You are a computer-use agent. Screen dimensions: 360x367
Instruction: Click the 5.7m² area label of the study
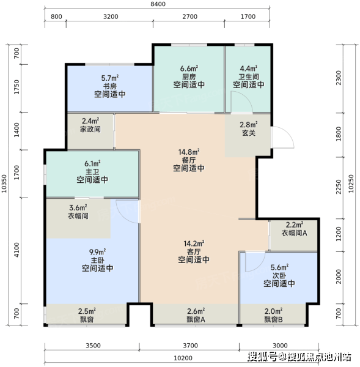pyautogui.click(x=109, y=78)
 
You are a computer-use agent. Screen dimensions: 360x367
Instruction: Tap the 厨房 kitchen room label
pyautogui.click(x=189, y=76)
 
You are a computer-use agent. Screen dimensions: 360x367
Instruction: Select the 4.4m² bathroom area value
pyautogui.click(x=249, y=69)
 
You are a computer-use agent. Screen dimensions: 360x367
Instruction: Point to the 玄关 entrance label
pyautogui.click(x=249, y=133)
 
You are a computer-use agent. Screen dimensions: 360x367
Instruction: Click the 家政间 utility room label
pyautogui.click(x=90, y=129)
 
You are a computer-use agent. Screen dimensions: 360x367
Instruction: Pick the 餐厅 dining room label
pyautogui.click(x=189, y=160)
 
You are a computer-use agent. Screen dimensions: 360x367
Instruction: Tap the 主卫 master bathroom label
pyautogui.click(x=92, y=172)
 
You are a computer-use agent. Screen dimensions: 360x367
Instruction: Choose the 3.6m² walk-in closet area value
pyautogui.click(x=78, y=207)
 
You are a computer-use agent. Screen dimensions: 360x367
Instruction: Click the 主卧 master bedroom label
pyautogui.click(x=98, y=261)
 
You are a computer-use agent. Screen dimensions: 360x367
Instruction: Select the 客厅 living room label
pyautogui.click(x=194, y=252)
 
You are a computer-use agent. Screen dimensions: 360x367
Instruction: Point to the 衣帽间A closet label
pyautogui.click(x=294, y=233)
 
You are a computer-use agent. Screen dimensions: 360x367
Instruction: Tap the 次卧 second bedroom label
pyautogui.click(x=279, y=275)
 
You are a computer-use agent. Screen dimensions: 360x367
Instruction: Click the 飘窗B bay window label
pyautogui.click(x=273, y=319)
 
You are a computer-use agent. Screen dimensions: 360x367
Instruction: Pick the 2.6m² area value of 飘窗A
pyautogui.click(x=196, y=311)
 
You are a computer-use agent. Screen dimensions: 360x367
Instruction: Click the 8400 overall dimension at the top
pyautogui.click(x=158, y=4)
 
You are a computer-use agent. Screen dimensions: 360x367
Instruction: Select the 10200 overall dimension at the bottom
pyautogui.click(x=183, y=358)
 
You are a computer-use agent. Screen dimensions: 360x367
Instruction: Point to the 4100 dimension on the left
pyautogui.click(x=17, y=250)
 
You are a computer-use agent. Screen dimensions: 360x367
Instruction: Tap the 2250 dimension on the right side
pyautogui.click(x=339, y=187)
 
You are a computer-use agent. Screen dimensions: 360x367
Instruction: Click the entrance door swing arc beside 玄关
pyautogui.click(x=288, y=133)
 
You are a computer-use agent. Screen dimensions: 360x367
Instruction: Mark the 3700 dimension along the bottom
pyautogui.click(x=191, y=346)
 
